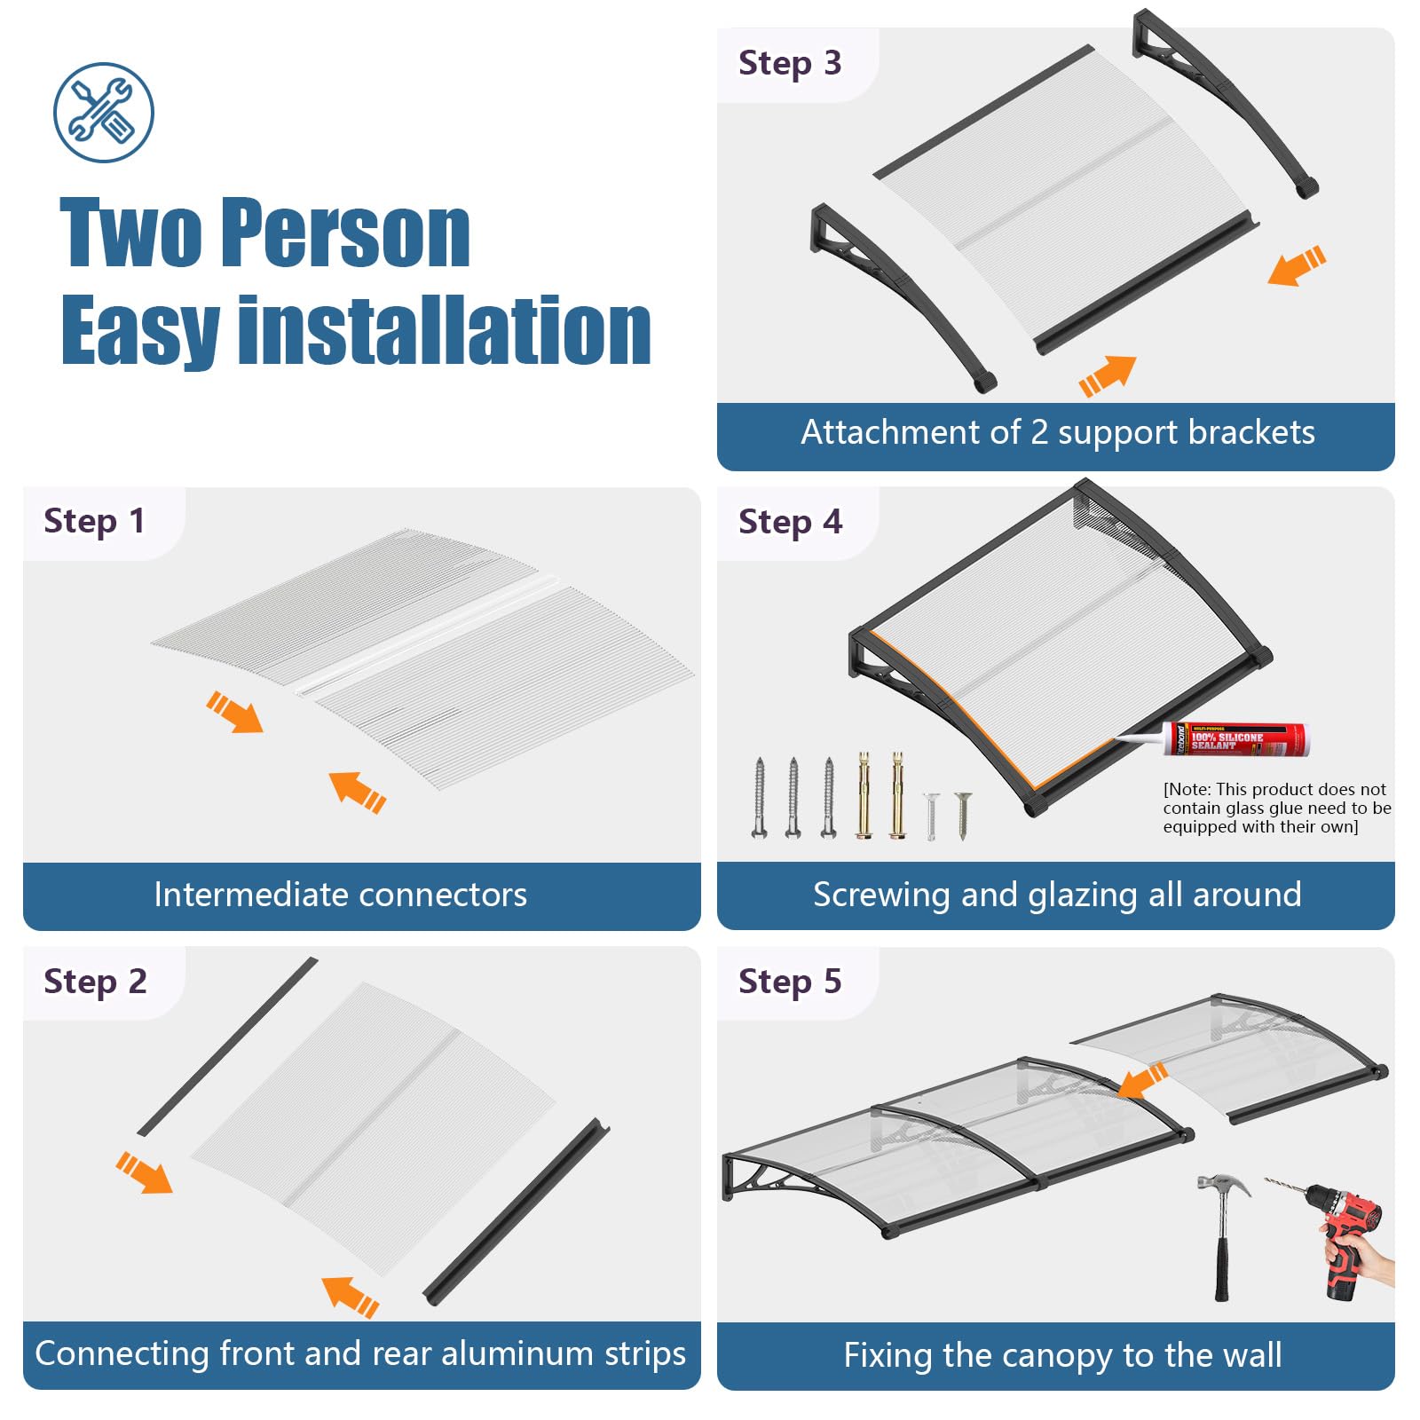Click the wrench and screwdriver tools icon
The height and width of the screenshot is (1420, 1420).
[x=103, y=113]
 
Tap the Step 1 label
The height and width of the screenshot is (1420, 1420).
[x=94, y=521]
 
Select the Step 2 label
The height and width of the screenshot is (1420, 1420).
[x=95, y=982]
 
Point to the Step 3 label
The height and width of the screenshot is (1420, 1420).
[x=790, y=63]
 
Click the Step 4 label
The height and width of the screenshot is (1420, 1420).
[x=790, y=522]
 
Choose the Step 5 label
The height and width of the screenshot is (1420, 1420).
[x=790, y=982]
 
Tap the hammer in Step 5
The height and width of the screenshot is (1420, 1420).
[x=1223, y=1234]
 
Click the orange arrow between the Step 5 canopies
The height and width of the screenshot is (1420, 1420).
[x=1142, y=1080]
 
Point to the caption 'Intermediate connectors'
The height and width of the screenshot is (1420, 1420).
[x=341, y=895]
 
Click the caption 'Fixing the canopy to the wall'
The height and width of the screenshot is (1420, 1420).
[x=1062, y=1355]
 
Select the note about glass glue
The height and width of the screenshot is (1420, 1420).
[x=1277, y=808]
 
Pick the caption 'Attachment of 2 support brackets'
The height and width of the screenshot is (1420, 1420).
[x=1058, y=432]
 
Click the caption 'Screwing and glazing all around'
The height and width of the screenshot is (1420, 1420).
[x=1057, y=895]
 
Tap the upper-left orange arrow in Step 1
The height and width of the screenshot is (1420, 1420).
[x=235, y=713]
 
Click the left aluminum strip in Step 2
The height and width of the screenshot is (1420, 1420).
[x=227, y=1046]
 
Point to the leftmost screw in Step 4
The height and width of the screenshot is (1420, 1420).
[x=759, y=797]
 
